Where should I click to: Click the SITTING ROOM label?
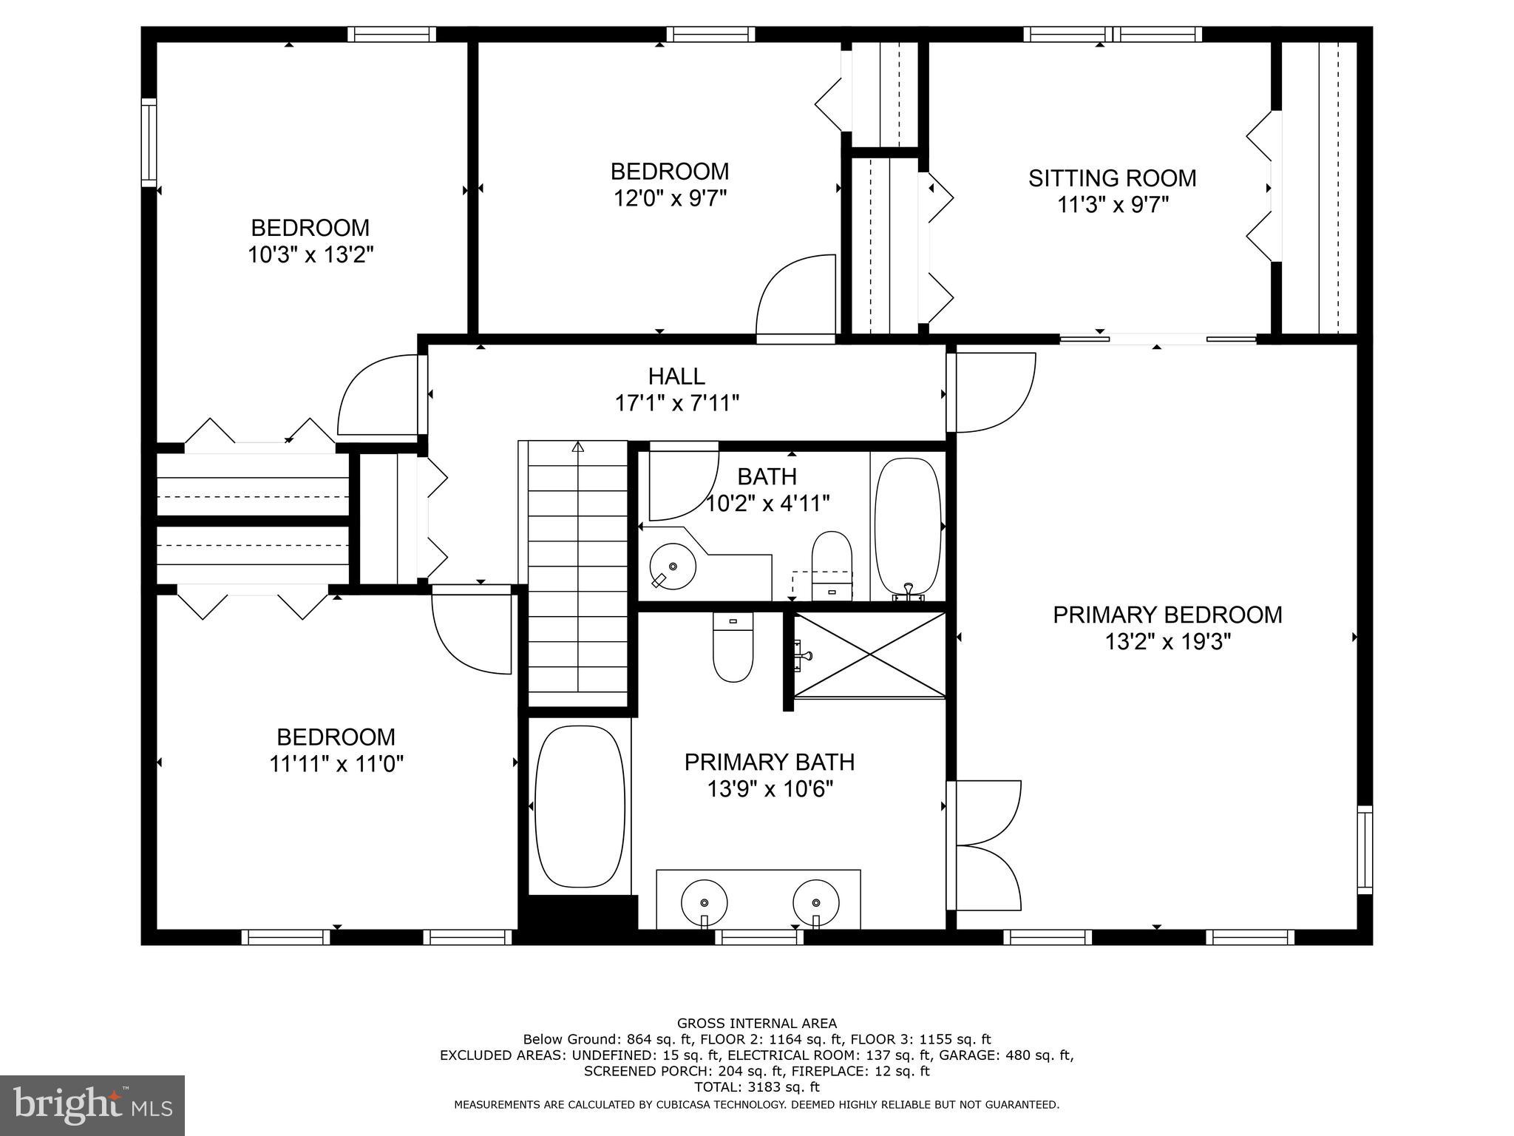tap(1112, 178)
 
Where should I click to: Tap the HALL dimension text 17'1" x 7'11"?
tap(677, 403)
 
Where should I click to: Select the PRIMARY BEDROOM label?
tap(1167, 615)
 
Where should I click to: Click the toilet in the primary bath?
tap(733, 648)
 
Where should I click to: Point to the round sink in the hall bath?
tap(673, 567)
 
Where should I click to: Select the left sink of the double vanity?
tap(704, 903)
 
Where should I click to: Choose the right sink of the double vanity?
tap(816, 903)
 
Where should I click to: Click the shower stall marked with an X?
tap(870, 655)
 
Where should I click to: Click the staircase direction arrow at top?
tap(578, 447)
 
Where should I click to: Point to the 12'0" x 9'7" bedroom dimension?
tap(671, 198)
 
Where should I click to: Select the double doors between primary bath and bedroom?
tap(985, 845)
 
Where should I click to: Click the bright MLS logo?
tap(92, 1105)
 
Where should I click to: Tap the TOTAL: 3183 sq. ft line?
tap(756, 1087)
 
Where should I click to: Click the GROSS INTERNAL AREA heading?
tap(756, 1024)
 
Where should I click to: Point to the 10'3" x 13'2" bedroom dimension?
tap(310, 254)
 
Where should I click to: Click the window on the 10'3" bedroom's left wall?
tap(149, 142)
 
